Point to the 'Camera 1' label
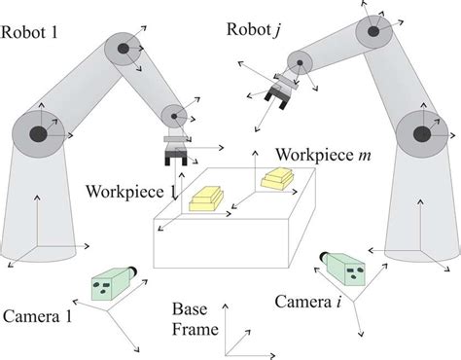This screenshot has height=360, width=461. tap(38, 315)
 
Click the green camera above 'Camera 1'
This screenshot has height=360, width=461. tap(109, 282)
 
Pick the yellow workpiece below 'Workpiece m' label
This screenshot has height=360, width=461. tap(276, 178)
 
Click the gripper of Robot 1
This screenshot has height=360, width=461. tap(176, 151)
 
